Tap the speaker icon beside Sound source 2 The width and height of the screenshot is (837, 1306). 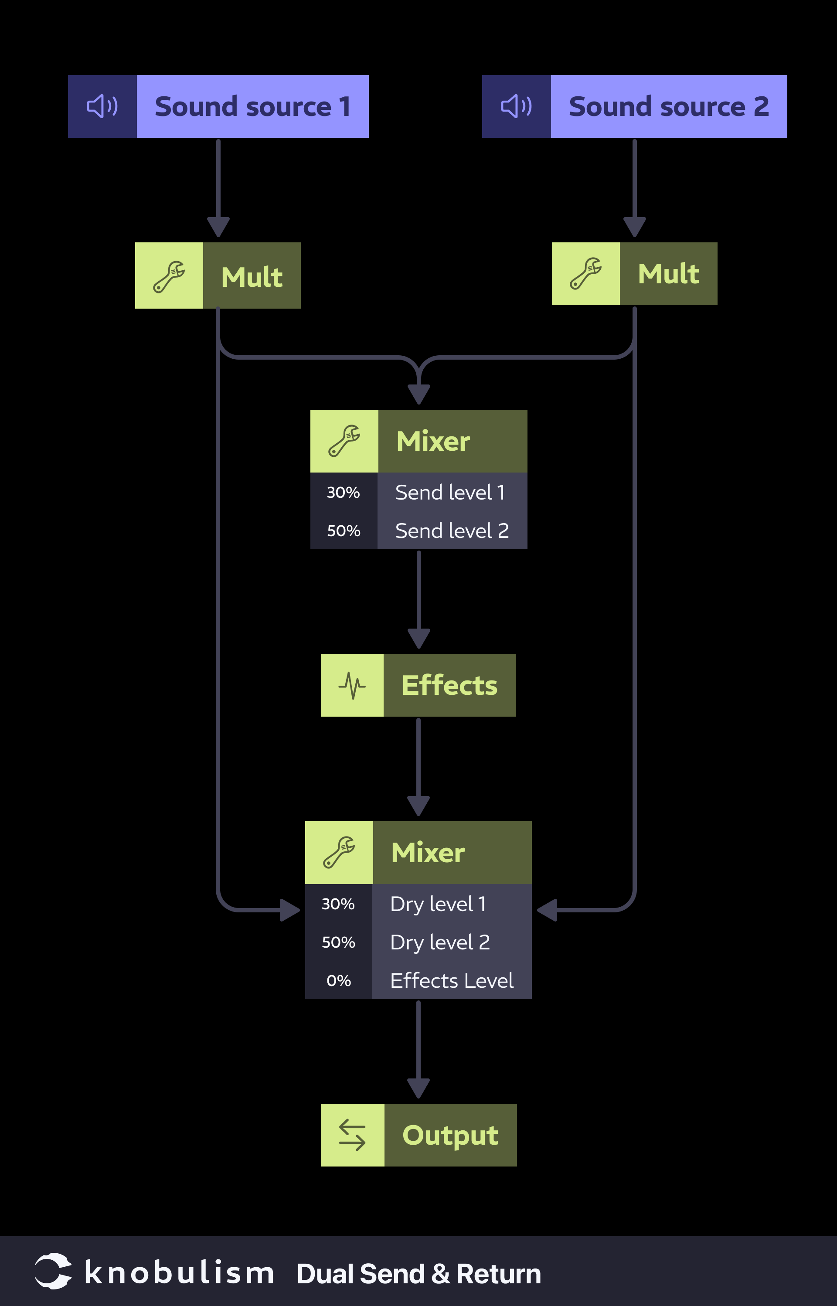tap(516, 106)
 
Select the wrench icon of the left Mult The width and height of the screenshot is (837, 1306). tap(169, 276)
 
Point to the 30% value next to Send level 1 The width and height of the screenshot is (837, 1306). tap(343, 493)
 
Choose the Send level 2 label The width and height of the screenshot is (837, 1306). tap(452, 531)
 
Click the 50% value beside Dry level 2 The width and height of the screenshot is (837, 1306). tap(338, 942)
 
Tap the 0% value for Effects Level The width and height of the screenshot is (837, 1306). tap(338, 980)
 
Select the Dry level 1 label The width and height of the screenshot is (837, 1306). tap(438, 904)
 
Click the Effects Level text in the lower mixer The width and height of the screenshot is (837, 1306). tap(452, 980)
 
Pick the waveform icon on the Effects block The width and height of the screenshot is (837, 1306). tap(352, 685)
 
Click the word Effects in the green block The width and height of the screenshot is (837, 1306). tap(449, 685)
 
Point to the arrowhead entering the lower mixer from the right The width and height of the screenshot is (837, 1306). tap(547, 910)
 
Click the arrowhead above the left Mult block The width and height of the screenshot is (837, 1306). tap(218, 226)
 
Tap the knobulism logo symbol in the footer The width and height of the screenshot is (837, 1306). tap(53, 1271)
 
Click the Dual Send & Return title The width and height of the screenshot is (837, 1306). tap(418, 1273)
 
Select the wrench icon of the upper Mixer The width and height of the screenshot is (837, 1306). tap(344, 441)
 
